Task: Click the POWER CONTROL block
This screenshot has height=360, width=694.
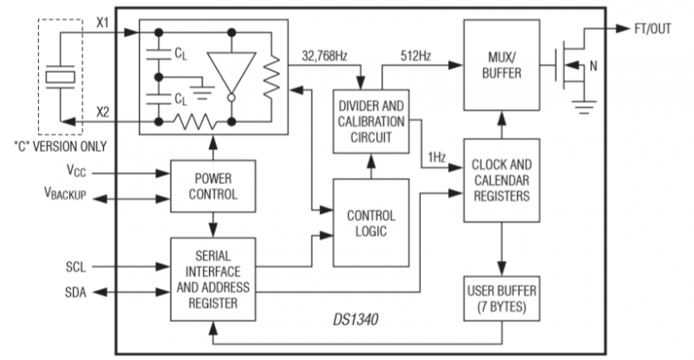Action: pos(213,186)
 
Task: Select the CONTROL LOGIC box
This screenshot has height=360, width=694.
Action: pos(371,223)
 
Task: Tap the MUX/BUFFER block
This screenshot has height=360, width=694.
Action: pos(501,65)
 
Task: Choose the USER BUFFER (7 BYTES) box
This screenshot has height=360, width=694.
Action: pos(501,298)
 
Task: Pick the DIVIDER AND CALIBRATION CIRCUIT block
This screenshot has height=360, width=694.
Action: pos(371,121)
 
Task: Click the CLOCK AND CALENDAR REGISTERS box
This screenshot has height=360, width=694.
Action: pos(501,180)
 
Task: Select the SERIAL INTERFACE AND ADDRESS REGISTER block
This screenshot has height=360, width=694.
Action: pos(213,279)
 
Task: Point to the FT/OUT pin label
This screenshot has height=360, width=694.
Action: pos(653,29)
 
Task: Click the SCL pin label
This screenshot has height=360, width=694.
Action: pos(75,267)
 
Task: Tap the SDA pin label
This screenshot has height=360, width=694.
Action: pos(75,292)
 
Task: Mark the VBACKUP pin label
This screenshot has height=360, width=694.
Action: pos(65,193)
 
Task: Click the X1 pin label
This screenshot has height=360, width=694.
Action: pos(102,23)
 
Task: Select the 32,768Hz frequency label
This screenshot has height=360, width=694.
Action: pos(324,56)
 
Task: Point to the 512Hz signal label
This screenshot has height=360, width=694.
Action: pos(416,56)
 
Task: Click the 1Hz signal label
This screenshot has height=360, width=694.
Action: pos(436,158)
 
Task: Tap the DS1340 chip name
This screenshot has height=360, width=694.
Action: pos(356,319)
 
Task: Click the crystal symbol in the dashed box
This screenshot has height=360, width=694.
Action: pos(61,77)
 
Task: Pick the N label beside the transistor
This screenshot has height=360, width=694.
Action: pos(593,66)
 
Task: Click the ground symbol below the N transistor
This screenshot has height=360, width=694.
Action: pos(584,108)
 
